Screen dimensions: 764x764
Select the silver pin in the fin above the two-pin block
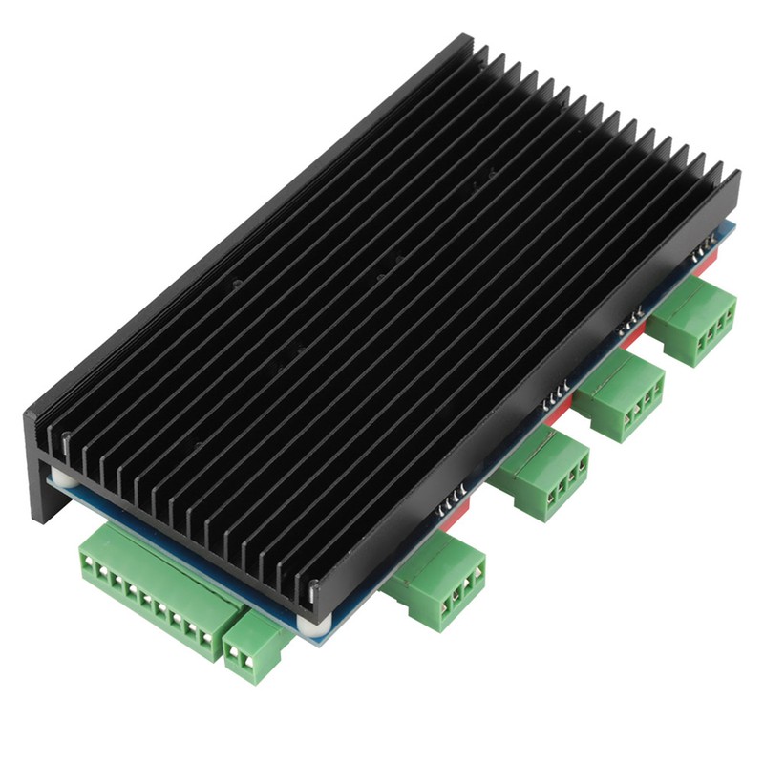308,584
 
